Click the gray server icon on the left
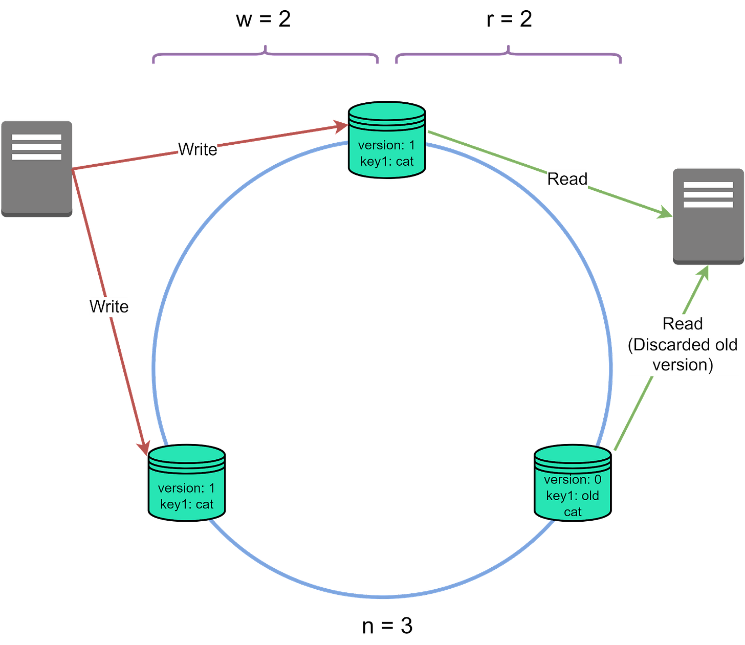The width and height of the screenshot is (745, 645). pyautogui.click(x=36, y=168)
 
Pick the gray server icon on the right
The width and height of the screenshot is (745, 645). pyautogui.click(x=708, y=216)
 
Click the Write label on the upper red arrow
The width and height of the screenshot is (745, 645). pyautogui.click(x=198, y=149)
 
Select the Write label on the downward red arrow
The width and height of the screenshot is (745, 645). pyautogui.click(x=108, y=306)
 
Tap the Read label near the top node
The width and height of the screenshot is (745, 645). pyautogui.click(x=567, y=179)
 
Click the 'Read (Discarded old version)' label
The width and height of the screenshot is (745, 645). pyautogui.click(x=683, y=344)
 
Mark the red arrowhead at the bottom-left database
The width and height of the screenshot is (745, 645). pyautogui.click(x=144, y=448)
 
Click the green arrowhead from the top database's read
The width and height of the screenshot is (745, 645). pyautogui.click(x=665, y=213)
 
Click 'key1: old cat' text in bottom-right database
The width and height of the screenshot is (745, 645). pyautogui.click(x=573, y=503)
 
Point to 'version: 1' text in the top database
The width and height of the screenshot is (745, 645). pyautogui.click(x=386, y=145)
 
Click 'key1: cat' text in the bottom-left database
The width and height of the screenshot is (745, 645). pyautogui.click(x=187, y=504)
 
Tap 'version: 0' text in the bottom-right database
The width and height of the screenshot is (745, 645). pyautogui.click(x=573, y=480)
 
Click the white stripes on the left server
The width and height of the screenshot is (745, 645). pyautogui.click(x=36, y=147)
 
